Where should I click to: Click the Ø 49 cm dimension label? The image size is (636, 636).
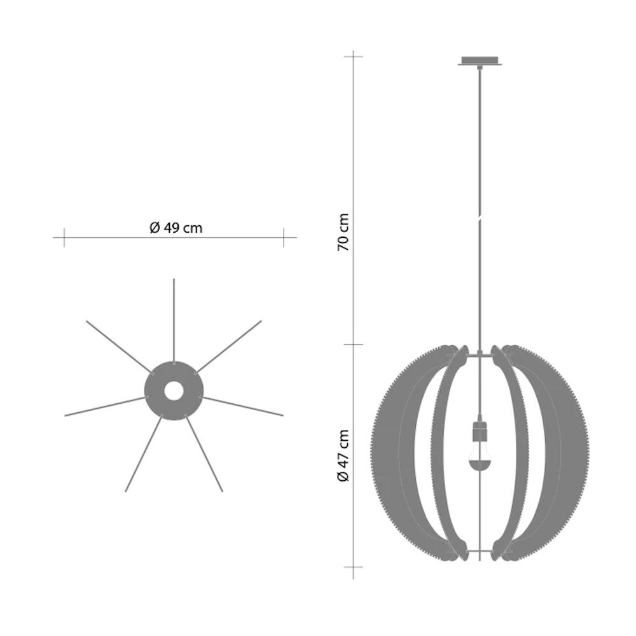(x=176, y=228)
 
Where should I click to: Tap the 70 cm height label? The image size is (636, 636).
(x=343, y=232)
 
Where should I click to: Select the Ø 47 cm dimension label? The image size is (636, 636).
(x=343, y=455)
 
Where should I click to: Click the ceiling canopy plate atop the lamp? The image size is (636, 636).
(x=480, y=61)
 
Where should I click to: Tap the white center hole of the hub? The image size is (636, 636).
(x=174, y=390)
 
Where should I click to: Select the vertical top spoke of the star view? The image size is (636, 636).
(x=174, y=318)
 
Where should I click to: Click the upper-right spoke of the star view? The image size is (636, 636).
(x=229, y=345)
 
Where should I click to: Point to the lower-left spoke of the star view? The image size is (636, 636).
(x=144, y=454)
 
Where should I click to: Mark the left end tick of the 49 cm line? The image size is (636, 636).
(x=64, y=238)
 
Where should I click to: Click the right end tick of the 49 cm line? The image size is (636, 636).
(x=283, y=238)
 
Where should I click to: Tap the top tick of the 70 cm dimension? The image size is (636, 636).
(x=353, y=57)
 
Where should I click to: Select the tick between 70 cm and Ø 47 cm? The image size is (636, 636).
(x=353, y=345)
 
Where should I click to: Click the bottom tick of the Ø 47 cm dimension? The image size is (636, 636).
(x=353, y=566)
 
